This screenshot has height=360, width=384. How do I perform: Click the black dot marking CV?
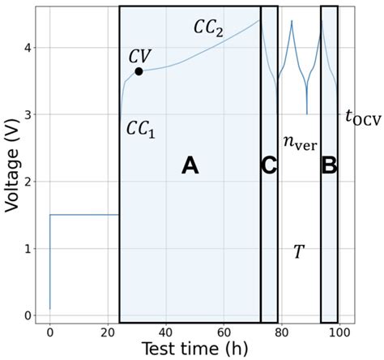[x=139, y=71]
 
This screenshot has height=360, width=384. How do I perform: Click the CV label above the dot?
[x=141, y=56]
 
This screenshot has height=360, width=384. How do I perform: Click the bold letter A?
[x=189, y=165]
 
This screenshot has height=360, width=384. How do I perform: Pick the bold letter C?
[x=269, y=165]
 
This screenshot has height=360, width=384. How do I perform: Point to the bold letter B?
[x=329, y=165]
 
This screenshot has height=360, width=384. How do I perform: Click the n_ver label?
[x=299, y=144]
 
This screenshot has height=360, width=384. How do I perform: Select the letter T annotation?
[x=298, y=251]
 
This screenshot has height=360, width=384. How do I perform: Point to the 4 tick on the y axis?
[x=30, y=48]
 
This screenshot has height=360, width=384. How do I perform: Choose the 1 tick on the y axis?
[x=30, y=249]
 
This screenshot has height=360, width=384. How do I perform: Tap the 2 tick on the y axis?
[x=30, y=182]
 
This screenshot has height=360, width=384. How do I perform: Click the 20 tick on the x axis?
[x=108, y=331]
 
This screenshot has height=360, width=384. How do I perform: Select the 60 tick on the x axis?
[x=224, y=331]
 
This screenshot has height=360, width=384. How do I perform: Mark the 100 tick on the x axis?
[x=339, y=331]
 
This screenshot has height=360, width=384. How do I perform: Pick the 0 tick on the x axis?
[x=50, y=331]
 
